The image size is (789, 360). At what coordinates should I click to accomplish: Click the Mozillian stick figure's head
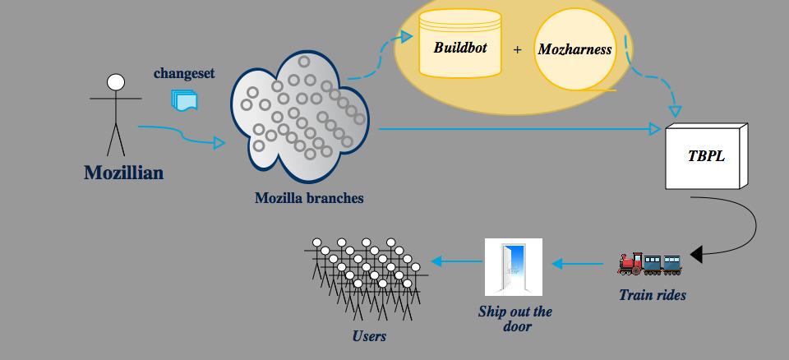coord(116,82)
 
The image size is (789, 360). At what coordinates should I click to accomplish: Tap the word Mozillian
coord(123,173)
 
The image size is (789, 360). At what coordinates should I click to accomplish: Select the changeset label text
coord(184,73)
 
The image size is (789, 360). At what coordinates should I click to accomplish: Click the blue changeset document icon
coord(184,99)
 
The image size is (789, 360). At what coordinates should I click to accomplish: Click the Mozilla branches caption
coord(309,198)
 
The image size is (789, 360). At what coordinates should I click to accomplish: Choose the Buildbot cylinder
coord(460,44)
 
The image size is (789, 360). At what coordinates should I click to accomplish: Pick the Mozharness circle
coord(575,49)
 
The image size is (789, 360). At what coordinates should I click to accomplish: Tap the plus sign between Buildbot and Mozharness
coord(518,49)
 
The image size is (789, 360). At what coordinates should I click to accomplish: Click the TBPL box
coord(707,156)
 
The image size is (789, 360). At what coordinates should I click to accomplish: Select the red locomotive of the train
coord(630,263)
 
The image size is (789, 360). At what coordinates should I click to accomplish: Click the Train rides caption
coord(653,295)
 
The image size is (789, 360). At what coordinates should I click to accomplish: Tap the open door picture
coord(514,266)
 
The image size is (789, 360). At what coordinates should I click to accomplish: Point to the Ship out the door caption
coord(515,319)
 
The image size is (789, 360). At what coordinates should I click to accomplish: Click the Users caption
coord(369,335)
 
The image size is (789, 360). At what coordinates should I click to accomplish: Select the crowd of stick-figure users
coord(365,275)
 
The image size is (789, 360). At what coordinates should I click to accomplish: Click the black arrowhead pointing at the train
coord(696,255)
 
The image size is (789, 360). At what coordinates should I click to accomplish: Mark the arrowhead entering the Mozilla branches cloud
coord(219,143)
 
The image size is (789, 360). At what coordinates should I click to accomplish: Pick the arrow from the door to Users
coord(456,262)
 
